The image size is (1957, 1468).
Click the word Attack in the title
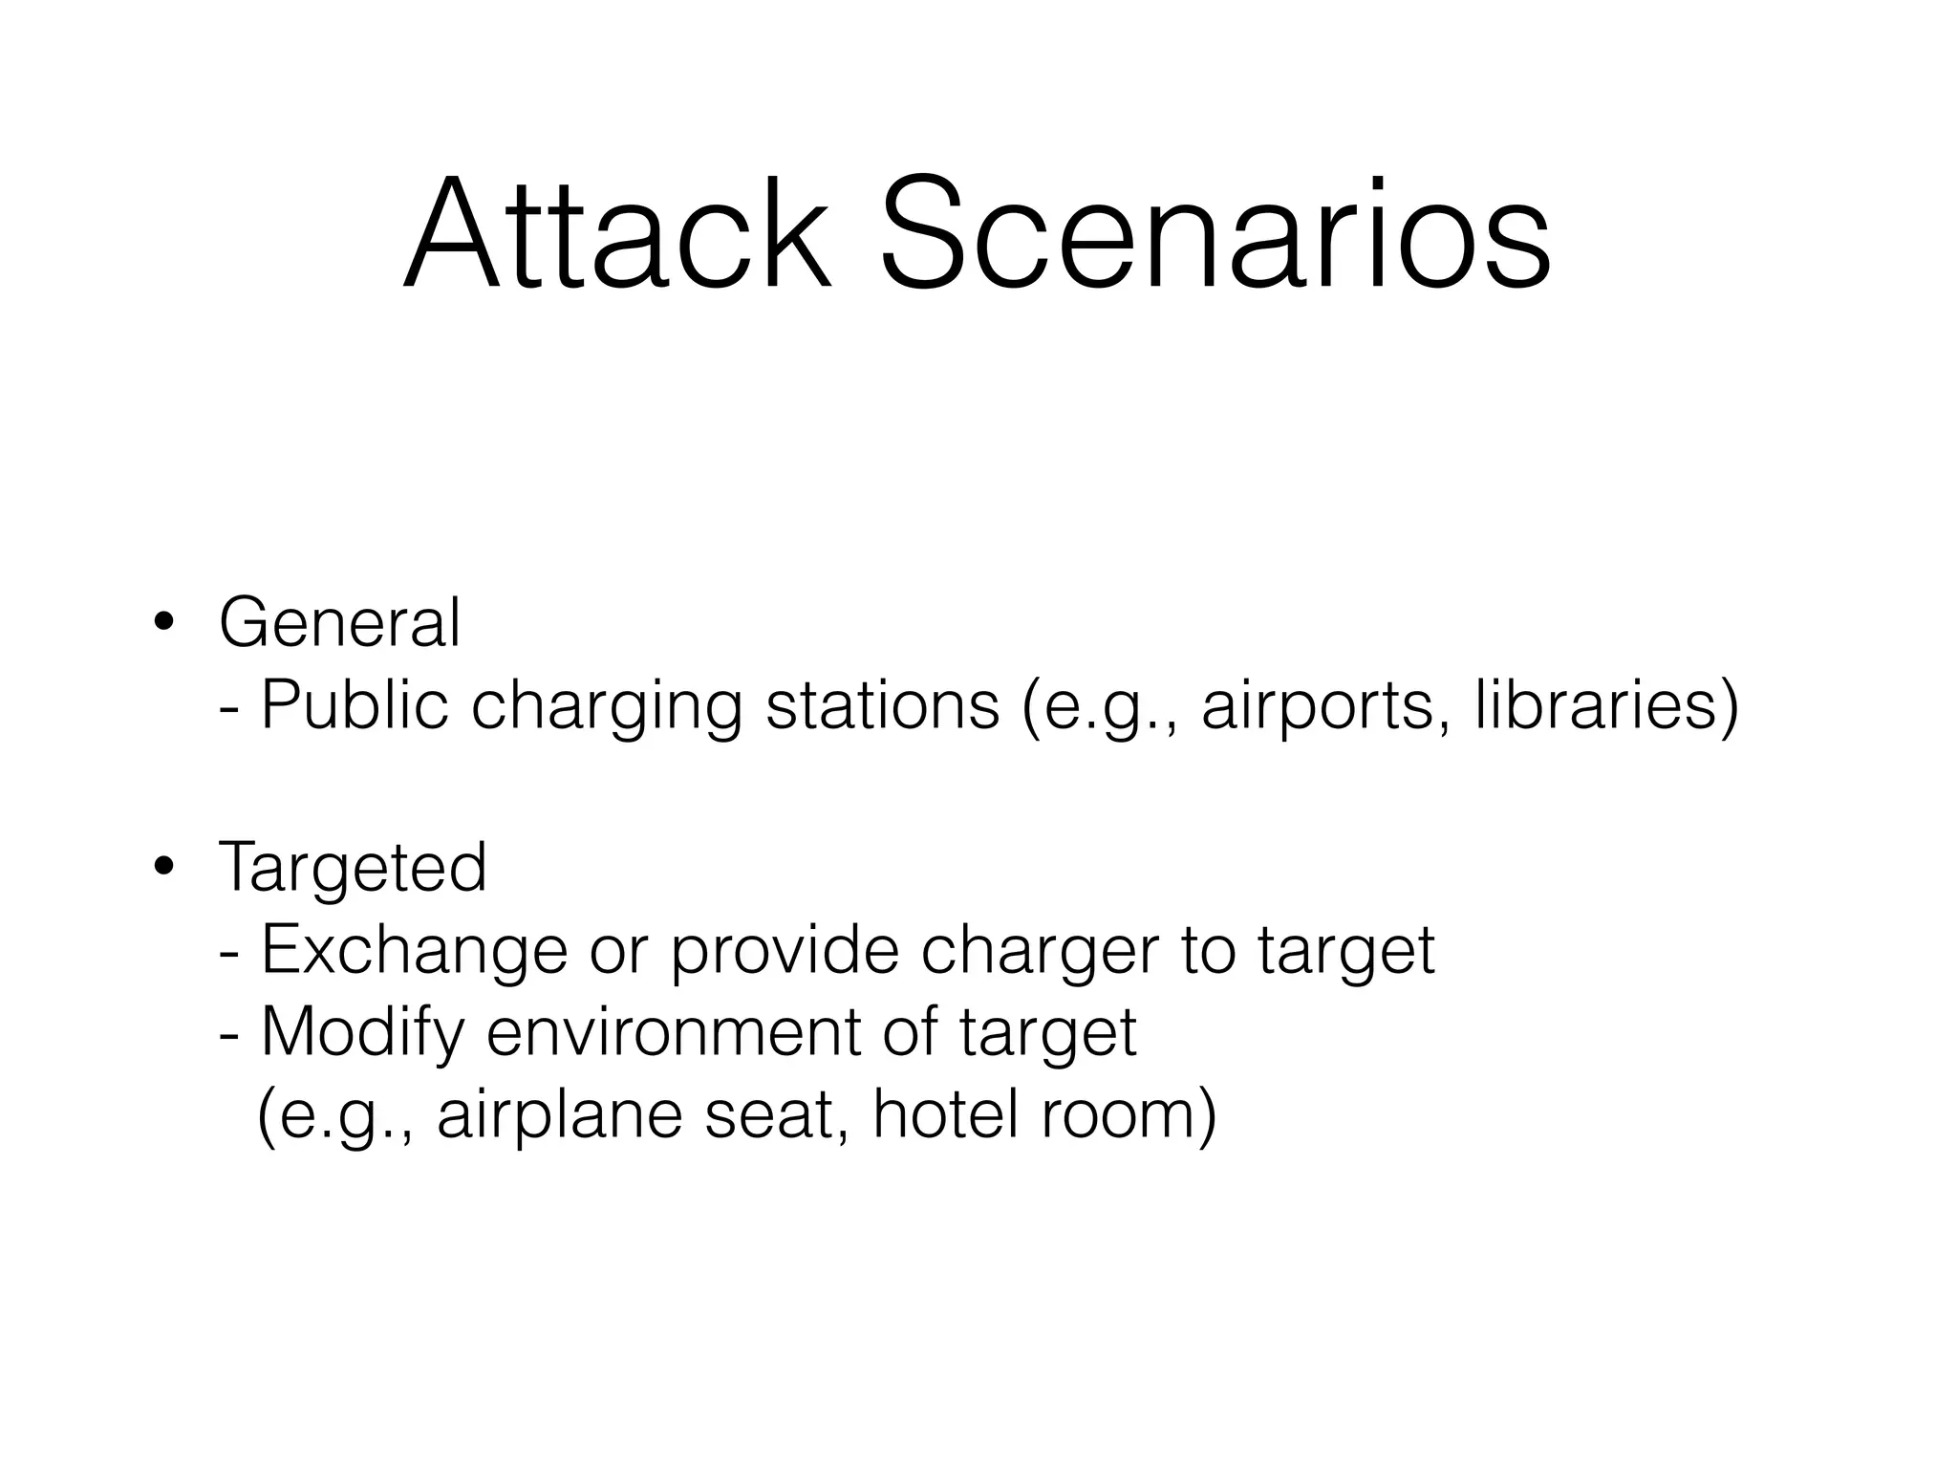(x=616, y=234)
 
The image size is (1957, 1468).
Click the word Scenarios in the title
(x=1214, y=234)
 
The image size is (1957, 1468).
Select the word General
(x=339, y=623)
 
